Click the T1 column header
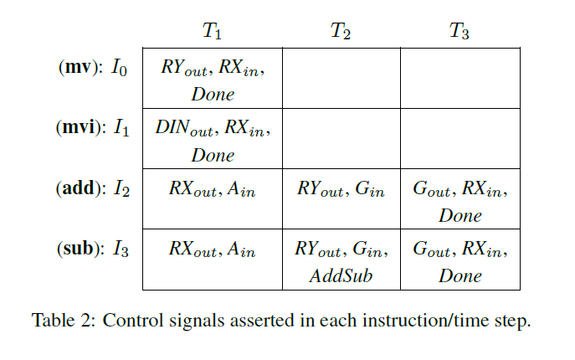point(213,33)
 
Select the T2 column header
point(341,33)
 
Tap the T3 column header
point(459,33)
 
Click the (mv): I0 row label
point(92,69)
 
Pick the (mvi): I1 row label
point(91,129)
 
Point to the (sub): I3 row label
point(91,249)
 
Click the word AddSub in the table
point(341,275)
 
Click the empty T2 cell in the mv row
point(341,78)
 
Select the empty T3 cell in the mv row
point(459,78)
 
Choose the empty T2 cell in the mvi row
point(341,138)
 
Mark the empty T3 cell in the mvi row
point(459,138)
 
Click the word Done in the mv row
point(213,94)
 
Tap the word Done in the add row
point(460,215)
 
